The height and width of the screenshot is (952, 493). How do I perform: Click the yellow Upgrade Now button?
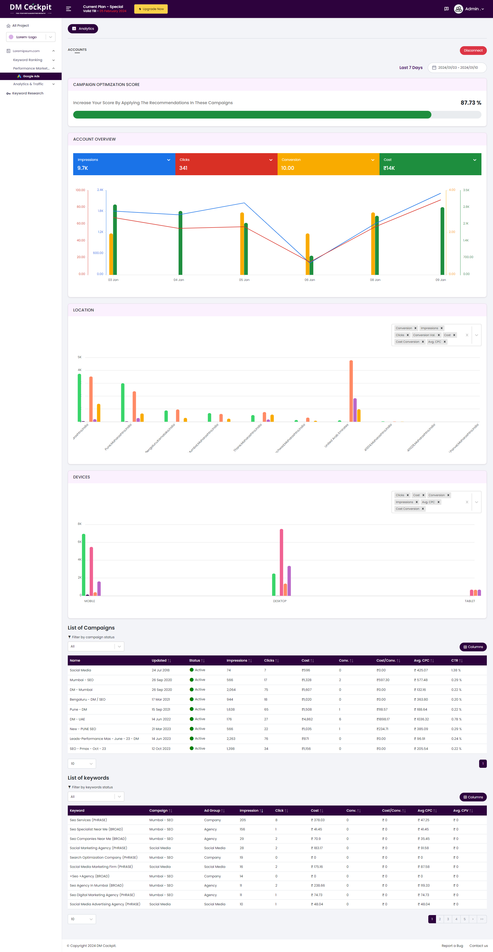[x=151, y=9]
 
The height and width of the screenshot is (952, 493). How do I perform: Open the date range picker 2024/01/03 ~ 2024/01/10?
[x=457, y=68]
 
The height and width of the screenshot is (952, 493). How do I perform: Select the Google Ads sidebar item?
[x=31, y=76]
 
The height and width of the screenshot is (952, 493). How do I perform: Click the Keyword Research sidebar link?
[x=28, y=93]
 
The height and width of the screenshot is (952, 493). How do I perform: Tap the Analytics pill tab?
[x=83, y=29]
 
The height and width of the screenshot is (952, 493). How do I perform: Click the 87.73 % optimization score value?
[x=470, y=103]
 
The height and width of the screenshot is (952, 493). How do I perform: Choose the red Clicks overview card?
[x=226, y=164]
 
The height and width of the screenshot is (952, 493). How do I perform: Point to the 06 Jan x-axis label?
[x=310, y=280]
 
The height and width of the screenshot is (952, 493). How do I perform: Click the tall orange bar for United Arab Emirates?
[x=351, y=391]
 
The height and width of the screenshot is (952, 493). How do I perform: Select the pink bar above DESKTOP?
[x=281, y=562]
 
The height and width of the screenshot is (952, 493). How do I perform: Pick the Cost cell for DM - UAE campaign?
[x=307, y=719]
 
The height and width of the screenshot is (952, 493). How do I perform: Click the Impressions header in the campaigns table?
[x=237, y=660]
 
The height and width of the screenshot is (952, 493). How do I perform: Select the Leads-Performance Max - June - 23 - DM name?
[x=104, y=739]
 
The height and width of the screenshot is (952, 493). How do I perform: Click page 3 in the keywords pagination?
[x=448, y=919]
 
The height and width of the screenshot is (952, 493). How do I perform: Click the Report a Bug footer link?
[x=452, y=946]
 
